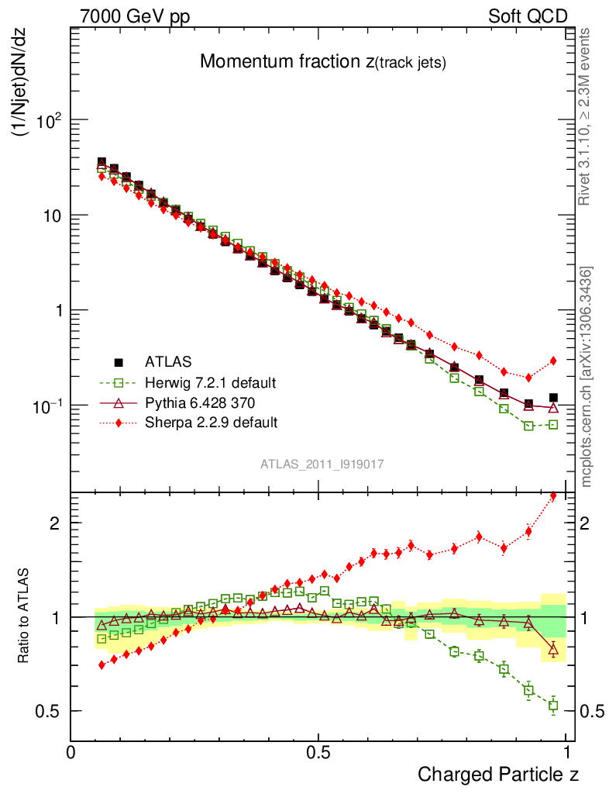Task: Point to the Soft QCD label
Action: click(x=527, y=16)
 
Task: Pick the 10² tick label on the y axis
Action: click(x=48, y=120)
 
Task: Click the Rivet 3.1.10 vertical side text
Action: click(x=586, y=116)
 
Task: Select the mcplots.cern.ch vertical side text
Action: click(x=587, y=376)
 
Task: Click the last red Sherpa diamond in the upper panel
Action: click(x=553, y=361)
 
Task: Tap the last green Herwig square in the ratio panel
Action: click(x=553, y=706)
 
